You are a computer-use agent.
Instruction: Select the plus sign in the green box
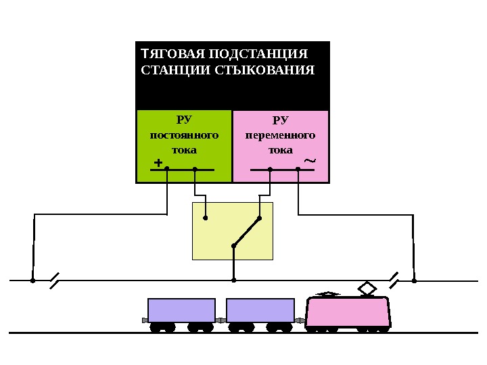pos(158,163)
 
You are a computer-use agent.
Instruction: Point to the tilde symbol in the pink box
pos(310,161)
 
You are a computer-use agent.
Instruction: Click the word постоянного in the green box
pos(184,135)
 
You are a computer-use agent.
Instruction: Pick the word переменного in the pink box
pos(280,135)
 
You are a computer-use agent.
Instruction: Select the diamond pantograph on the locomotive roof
pos(367,289)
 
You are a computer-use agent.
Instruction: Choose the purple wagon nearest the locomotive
pos(260,310)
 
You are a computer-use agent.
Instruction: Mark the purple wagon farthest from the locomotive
pos(181,310)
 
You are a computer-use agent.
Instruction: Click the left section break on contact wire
pos(55,279)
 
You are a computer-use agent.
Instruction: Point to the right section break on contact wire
pos(394,279)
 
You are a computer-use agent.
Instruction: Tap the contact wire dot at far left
pos(32,280)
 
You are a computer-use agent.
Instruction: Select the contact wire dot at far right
pos(414,280)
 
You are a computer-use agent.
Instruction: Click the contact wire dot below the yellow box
pos(233,280)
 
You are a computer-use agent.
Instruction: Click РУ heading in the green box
pos(184,120)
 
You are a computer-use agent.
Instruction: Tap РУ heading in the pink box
pos(280,120)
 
